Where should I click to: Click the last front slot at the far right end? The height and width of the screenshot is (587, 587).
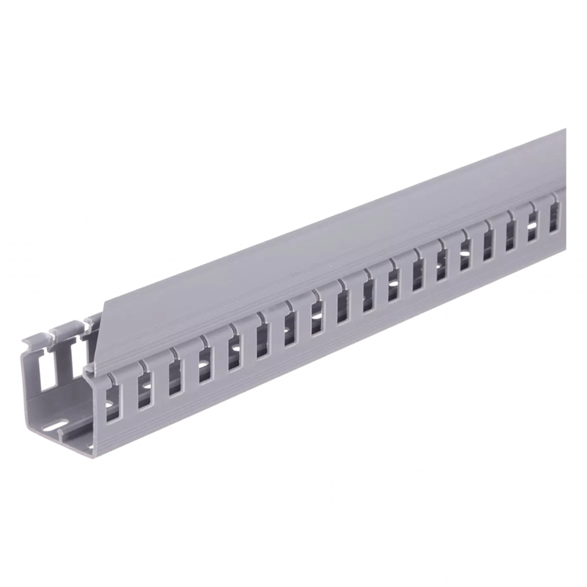click(x=554, y=217)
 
